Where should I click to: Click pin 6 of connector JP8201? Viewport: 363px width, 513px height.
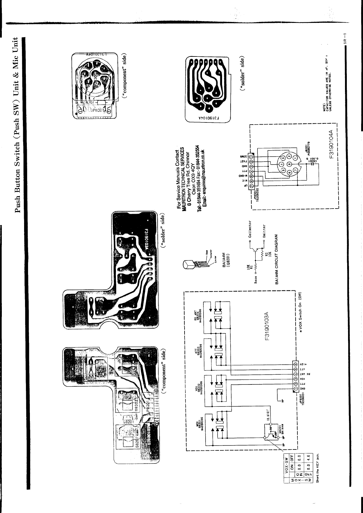coord(295,364)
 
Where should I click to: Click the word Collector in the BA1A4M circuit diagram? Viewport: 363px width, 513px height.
coord(250,229)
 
